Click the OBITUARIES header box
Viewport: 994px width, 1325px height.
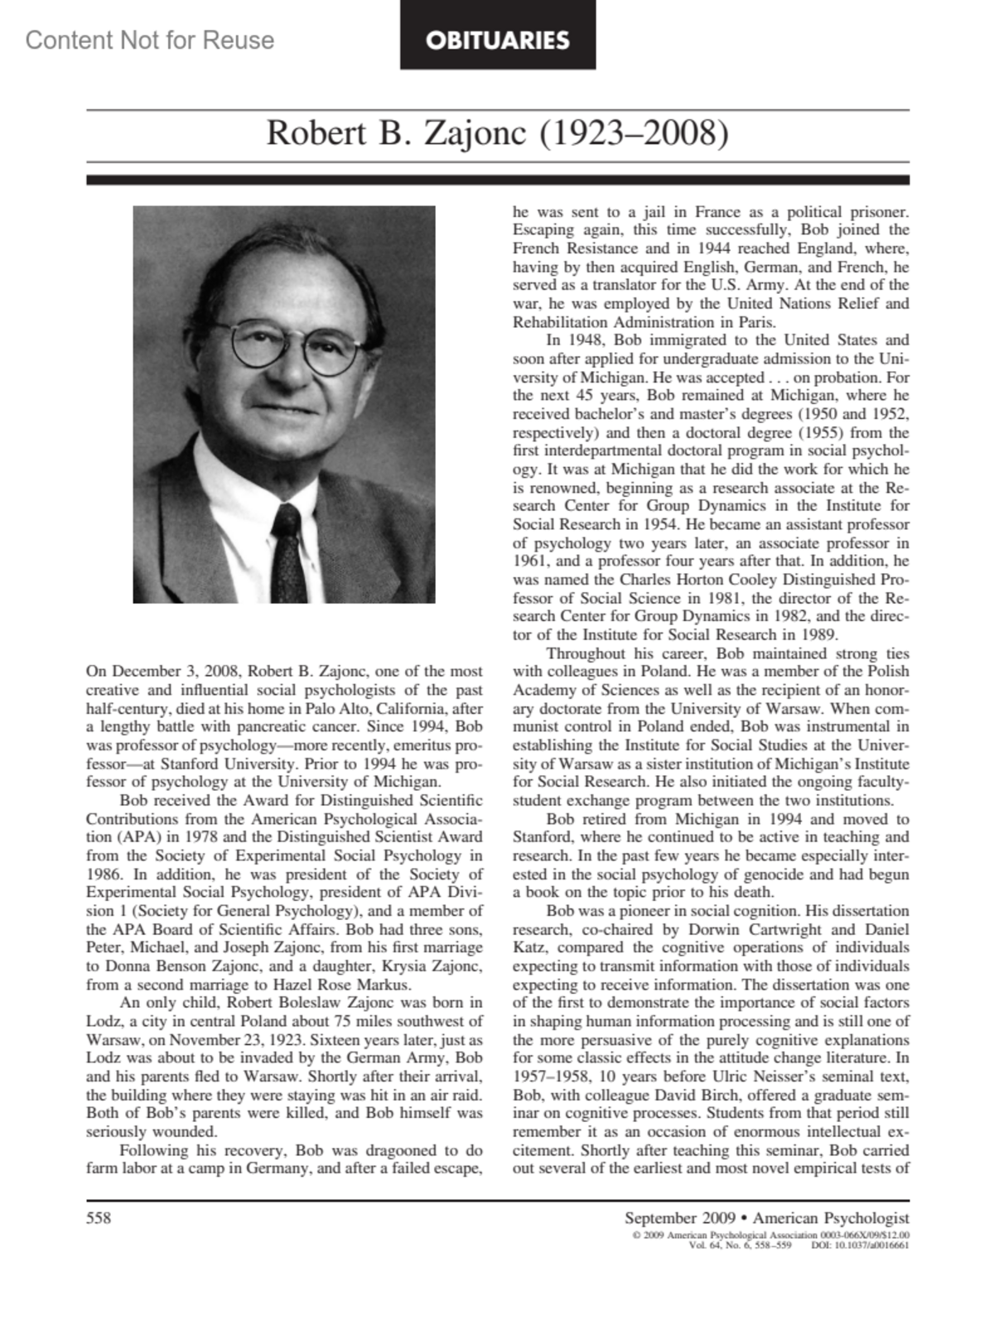(498, 39)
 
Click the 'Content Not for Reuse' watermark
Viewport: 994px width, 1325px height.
(150, 40)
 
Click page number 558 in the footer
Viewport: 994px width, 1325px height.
(99, 1217)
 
